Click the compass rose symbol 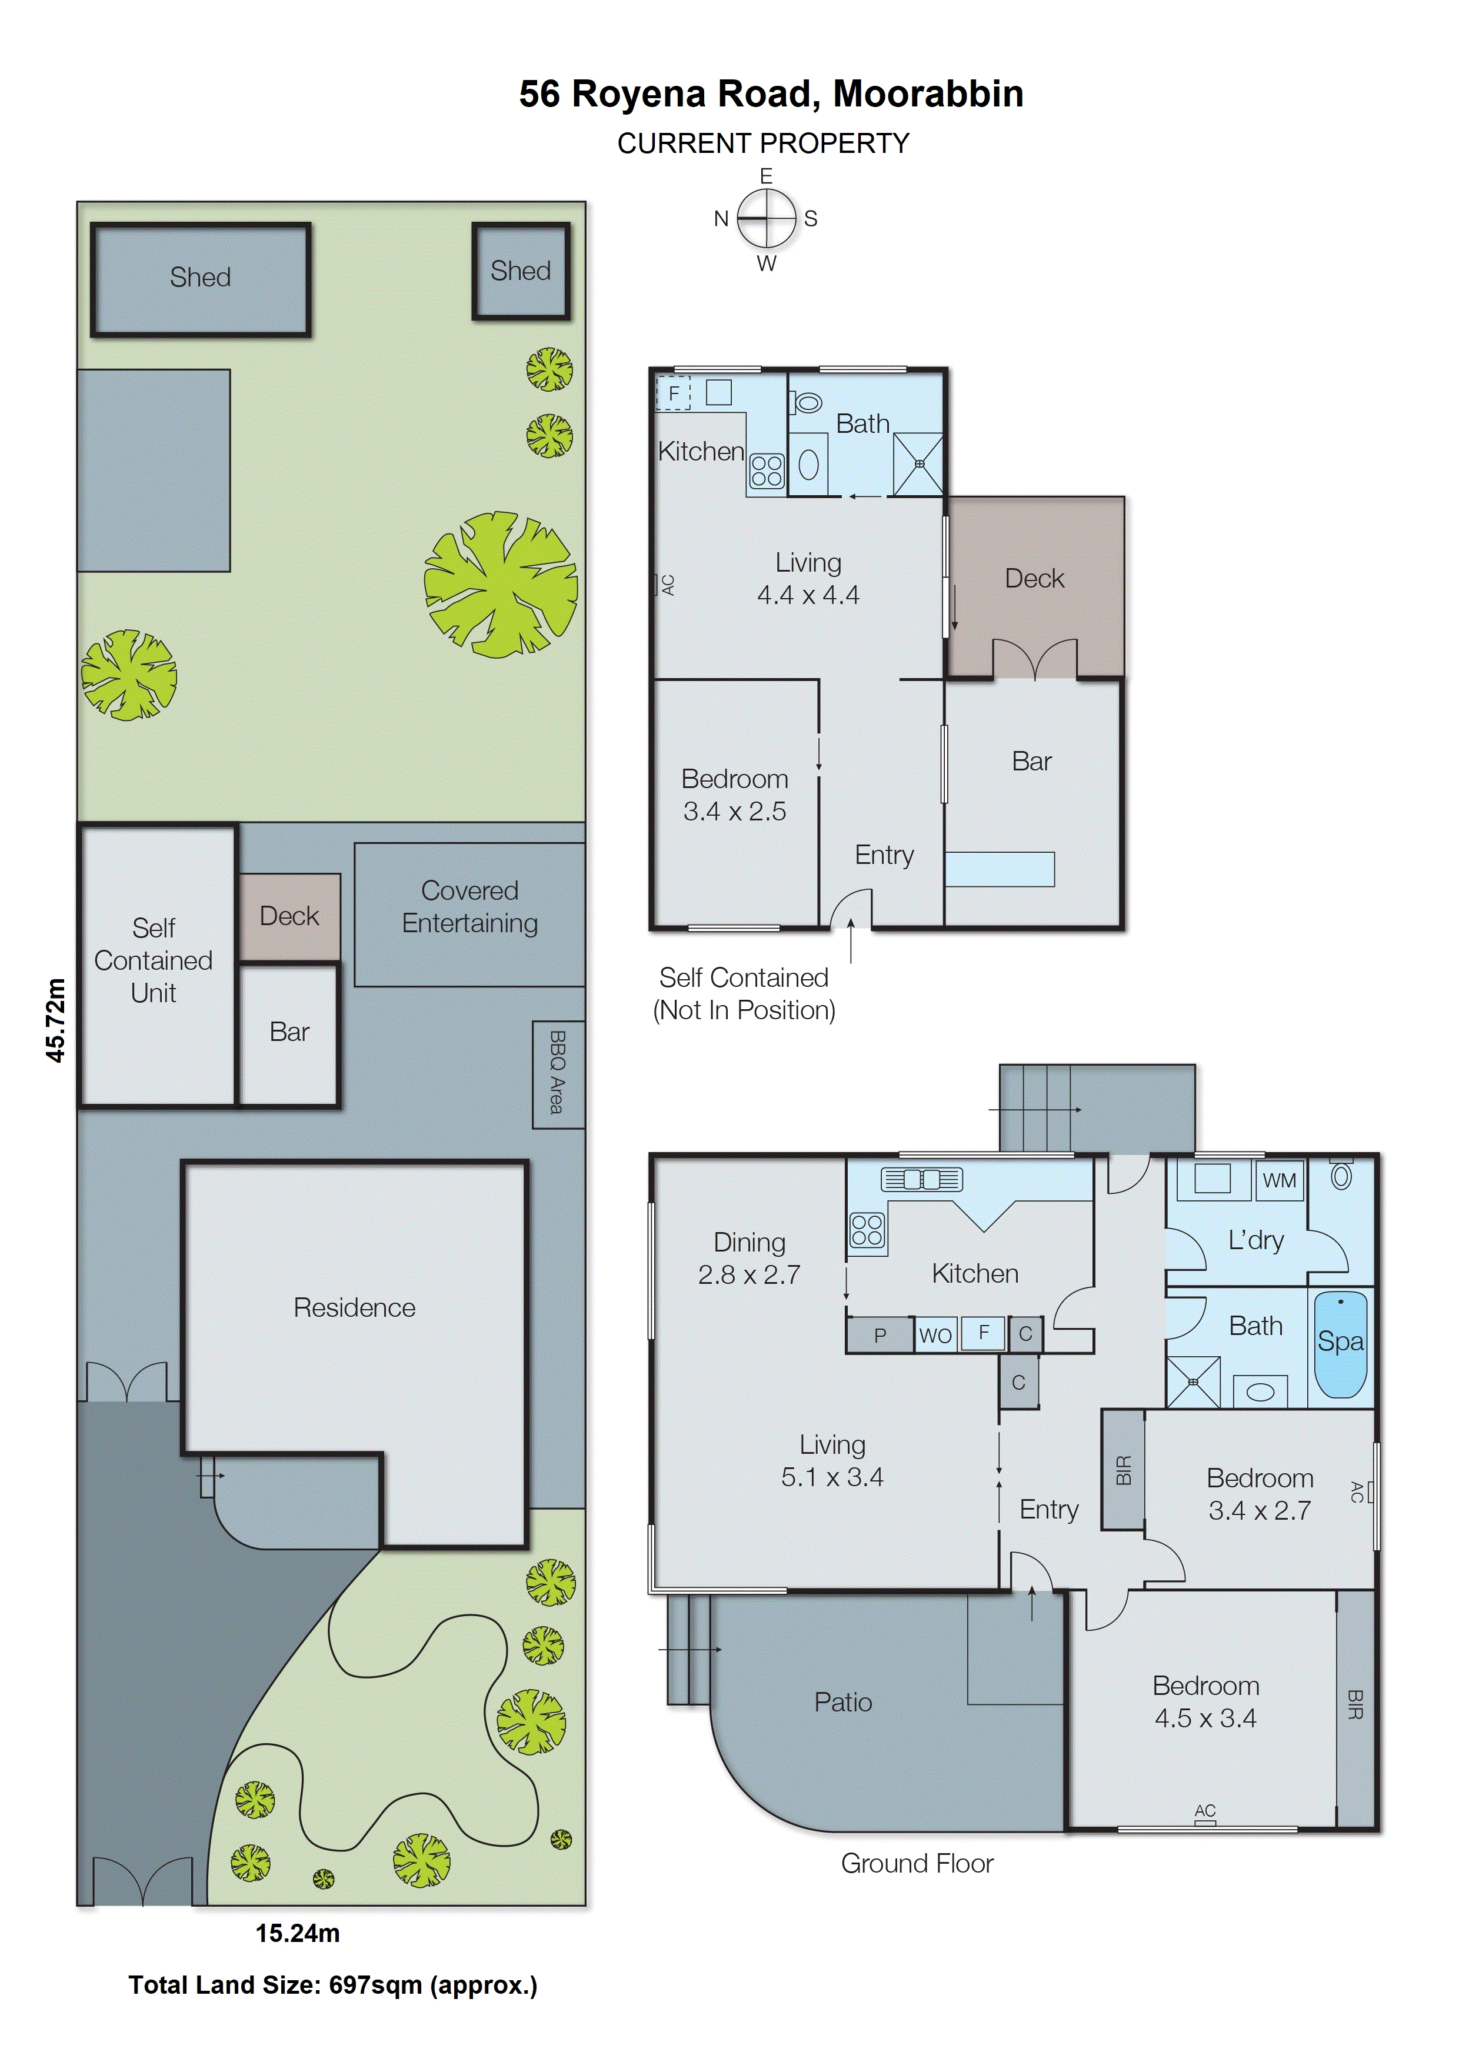[767, 218]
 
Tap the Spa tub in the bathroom [1340, 1344]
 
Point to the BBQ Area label [558, 1073]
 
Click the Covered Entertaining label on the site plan [470, 907]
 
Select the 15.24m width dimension [297, 1933]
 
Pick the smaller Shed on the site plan [521, 271]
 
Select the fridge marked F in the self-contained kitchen [674, 393]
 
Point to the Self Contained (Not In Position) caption [744, 993]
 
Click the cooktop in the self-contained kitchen [767, 470]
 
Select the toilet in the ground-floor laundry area [1340, 1176]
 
